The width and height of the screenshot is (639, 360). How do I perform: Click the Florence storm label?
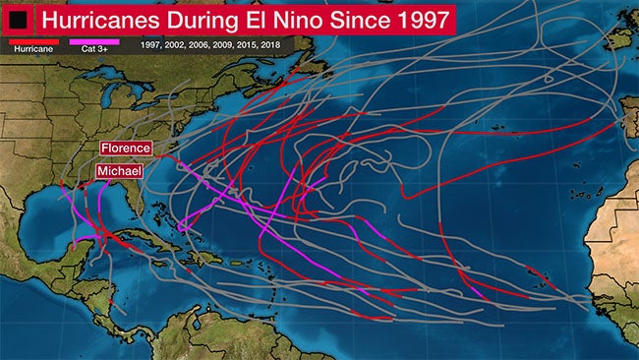click(125, 148)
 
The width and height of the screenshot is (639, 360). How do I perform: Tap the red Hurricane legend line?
click(32, 40)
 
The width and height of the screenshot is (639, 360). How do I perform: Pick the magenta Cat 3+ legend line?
click(95, 40)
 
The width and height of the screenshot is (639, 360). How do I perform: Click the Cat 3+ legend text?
click(95, 47)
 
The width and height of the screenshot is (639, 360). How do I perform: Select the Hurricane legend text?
click(32, 47)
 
